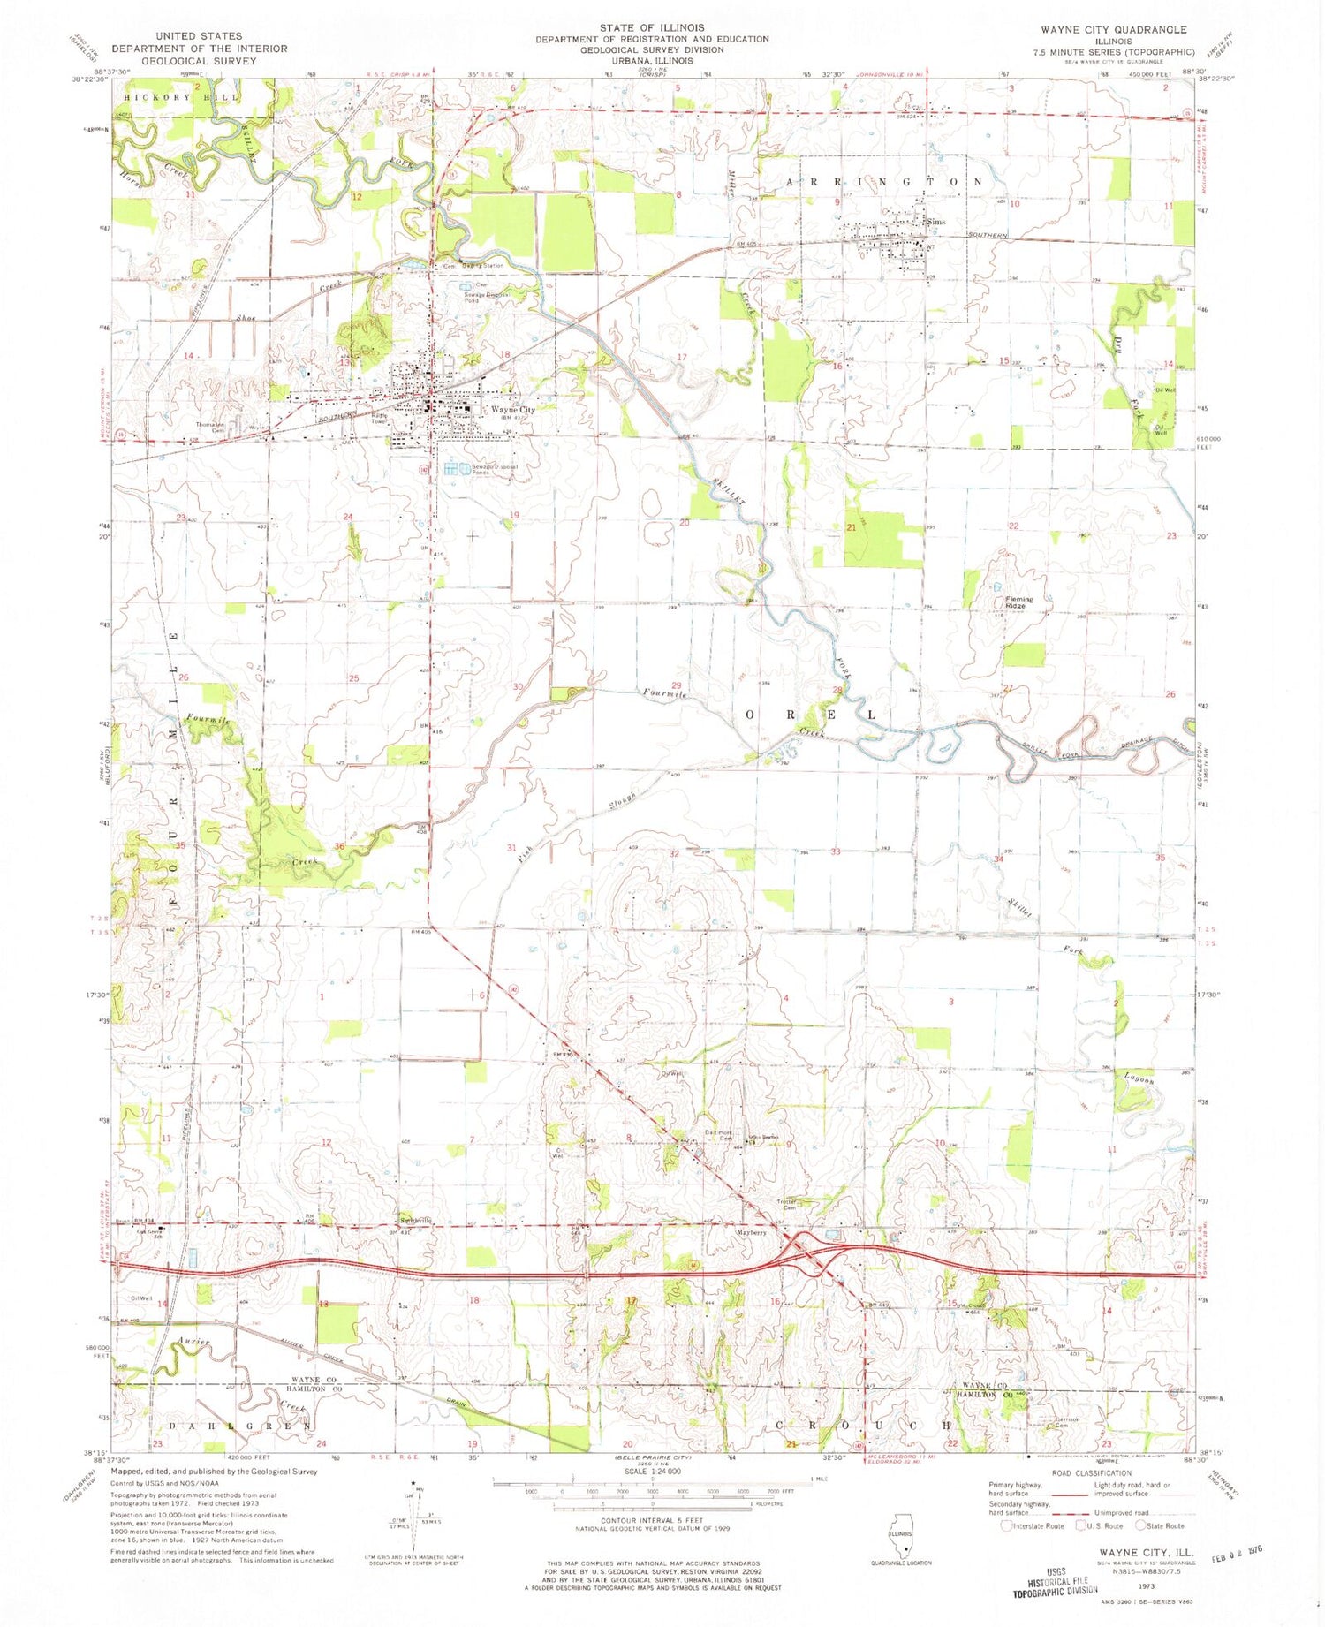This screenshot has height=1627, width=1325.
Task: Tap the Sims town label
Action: coord(936,223)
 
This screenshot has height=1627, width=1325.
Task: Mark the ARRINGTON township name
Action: coord(882,182)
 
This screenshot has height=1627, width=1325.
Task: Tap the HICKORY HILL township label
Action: coord(181,97)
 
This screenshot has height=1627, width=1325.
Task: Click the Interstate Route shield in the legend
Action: coord(1008,1525)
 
